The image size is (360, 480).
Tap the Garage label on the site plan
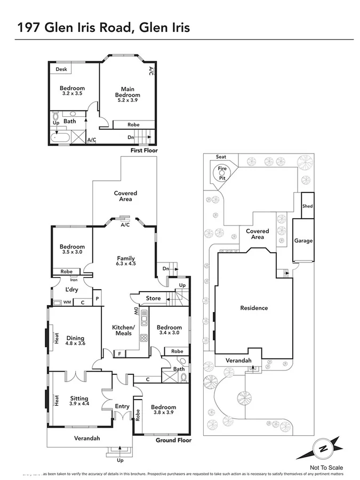click(x=303, y=241)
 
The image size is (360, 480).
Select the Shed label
click(x=307, y=206)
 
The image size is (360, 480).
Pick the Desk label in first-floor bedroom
click(x=61, y=69)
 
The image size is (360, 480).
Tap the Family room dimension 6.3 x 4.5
click(x=126, y=263)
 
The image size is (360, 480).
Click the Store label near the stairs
click(x=153, y=298)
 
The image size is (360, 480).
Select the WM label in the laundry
click(x=67, y=302)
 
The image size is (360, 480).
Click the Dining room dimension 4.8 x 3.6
click(x=75, y=343)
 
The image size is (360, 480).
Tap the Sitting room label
click(x=79, y=398)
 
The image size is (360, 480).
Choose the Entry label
click(x=122, y=406)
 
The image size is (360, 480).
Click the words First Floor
click(x=145, y=151)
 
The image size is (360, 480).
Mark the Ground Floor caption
click(x=173, y=441)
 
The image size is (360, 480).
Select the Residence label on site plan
click(x=254, y=308)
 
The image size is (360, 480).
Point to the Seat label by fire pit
click(x=220, y=157)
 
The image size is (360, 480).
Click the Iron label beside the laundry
click(x=73, y=279)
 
